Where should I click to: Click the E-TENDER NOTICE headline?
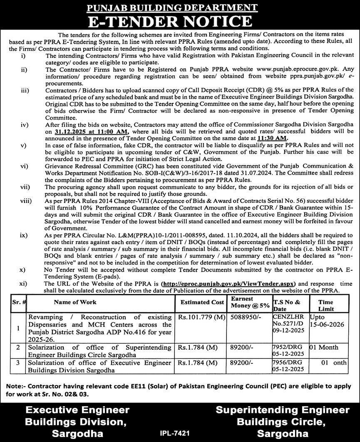pos(180,21)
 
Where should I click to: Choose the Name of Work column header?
pos(75,302)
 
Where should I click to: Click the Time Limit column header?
pos(325,306)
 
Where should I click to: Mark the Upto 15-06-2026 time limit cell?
pos(326,321)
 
